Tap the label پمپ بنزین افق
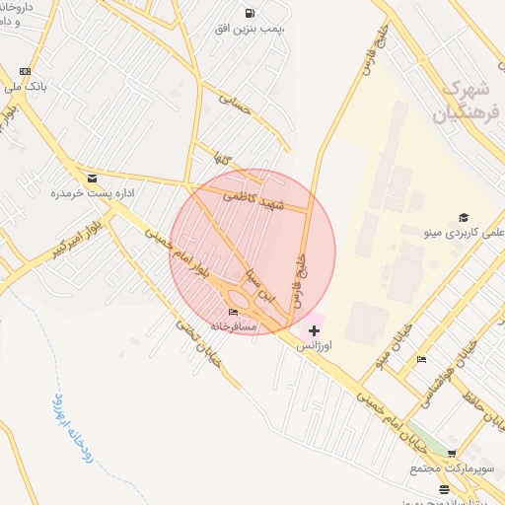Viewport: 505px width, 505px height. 251,30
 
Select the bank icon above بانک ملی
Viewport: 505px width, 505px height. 25,71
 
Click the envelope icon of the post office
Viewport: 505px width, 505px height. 92,179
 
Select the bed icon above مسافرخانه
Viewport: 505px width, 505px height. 233,313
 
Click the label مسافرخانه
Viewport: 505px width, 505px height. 233,325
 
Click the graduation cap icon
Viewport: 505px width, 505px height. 463,218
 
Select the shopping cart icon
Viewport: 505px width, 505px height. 452,453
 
